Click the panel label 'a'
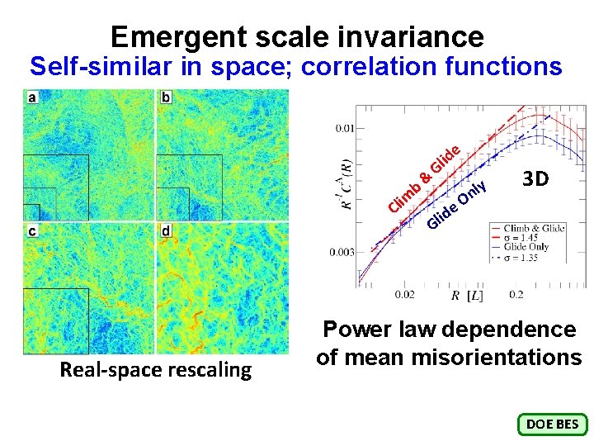click(32, 98)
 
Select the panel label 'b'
click(166, 98)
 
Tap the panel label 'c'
click(32, 231)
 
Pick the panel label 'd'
click(166, 231)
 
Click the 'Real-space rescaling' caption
click(155, 370)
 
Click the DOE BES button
click(552, 425)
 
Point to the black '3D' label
click(535, 179)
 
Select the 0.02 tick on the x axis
click(405, 294)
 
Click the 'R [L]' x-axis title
click(467, 295)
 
